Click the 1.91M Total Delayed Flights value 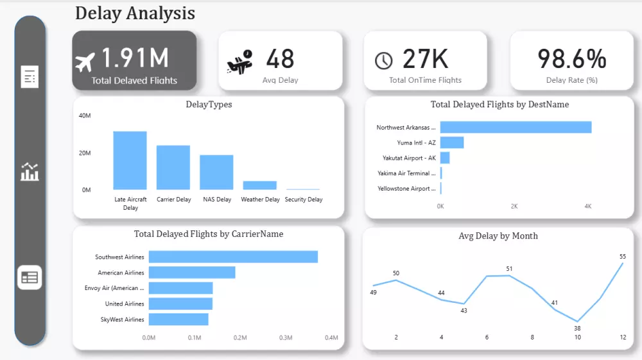coord(135,58)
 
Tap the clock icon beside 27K coord(383,60)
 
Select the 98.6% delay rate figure coord(571,58)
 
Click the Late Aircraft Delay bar coord(130,160)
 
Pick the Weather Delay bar coord(259,185)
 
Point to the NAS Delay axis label coord(217,200)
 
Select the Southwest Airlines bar coord(233,257)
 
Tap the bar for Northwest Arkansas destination coord(516,128)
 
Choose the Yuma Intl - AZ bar coord(452,142)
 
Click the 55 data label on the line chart coord(622,256)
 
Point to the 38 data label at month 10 coord(577,328)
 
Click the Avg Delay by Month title coord(498,236)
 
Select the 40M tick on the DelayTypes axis coord(85,116)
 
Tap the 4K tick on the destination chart coord(587,207)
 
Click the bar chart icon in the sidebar coord(30,172)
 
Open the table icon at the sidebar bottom coord(30,277)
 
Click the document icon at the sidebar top coord(30,76)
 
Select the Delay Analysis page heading coord(135,13)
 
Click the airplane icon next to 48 coord(239,63)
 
